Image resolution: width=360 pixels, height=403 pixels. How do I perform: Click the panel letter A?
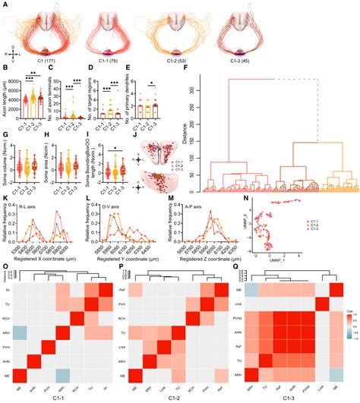point(5,4)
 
